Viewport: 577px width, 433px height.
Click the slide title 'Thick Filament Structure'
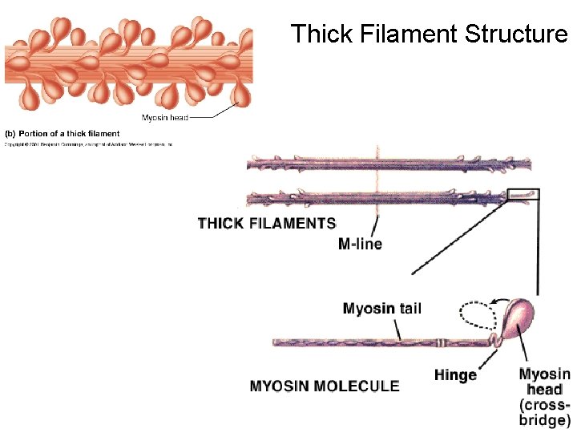429,34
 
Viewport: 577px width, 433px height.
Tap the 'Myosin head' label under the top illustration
165,118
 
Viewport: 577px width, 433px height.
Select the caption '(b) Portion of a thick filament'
63,133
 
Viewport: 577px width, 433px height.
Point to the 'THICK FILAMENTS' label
266,223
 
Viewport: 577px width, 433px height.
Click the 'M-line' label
360,244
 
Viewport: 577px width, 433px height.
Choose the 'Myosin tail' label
381,309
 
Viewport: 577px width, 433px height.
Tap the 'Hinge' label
455,374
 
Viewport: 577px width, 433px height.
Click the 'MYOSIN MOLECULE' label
325,386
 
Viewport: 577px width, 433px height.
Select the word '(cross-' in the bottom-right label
545,405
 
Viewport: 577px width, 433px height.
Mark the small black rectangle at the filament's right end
523,193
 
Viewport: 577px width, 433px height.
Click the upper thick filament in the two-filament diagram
389,164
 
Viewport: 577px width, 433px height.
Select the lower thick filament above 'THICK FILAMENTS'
377,196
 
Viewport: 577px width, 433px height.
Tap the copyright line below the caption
88,144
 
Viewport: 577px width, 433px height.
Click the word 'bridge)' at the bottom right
545,419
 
